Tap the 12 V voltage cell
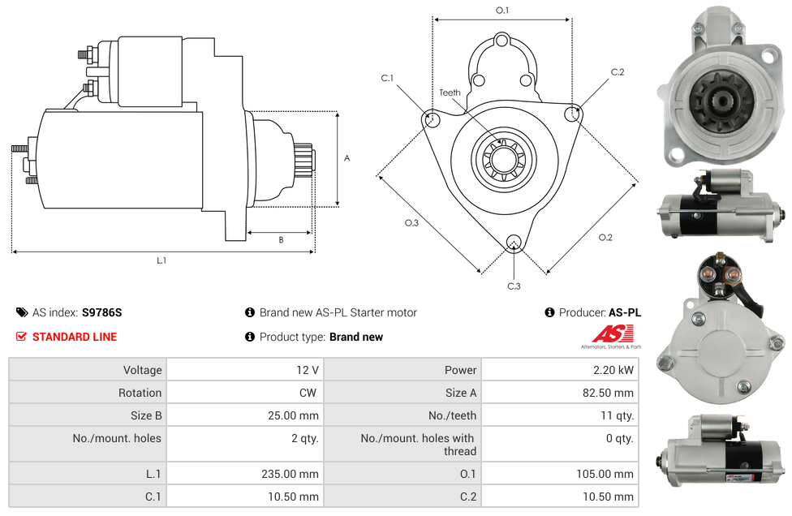[x=308, y=370]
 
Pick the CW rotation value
[x=309, y=393]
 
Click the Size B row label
[x=146, y=415]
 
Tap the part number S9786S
[x=101, y=312]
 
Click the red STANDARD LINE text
[x=75, y=337]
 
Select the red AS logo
[x=612, y=333]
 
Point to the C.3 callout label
[x=514, y=286]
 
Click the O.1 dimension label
[x=502, y=10]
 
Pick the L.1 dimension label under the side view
[x=161, y=260]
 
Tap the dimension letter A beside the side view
[x=346, y=158]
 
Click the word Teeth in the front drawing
[x=450, y=92]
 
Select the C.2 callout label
[x=618, y=72]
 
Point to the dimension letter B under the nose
[x=281, y=240]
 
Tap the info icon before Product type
[x=250, y=337]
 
